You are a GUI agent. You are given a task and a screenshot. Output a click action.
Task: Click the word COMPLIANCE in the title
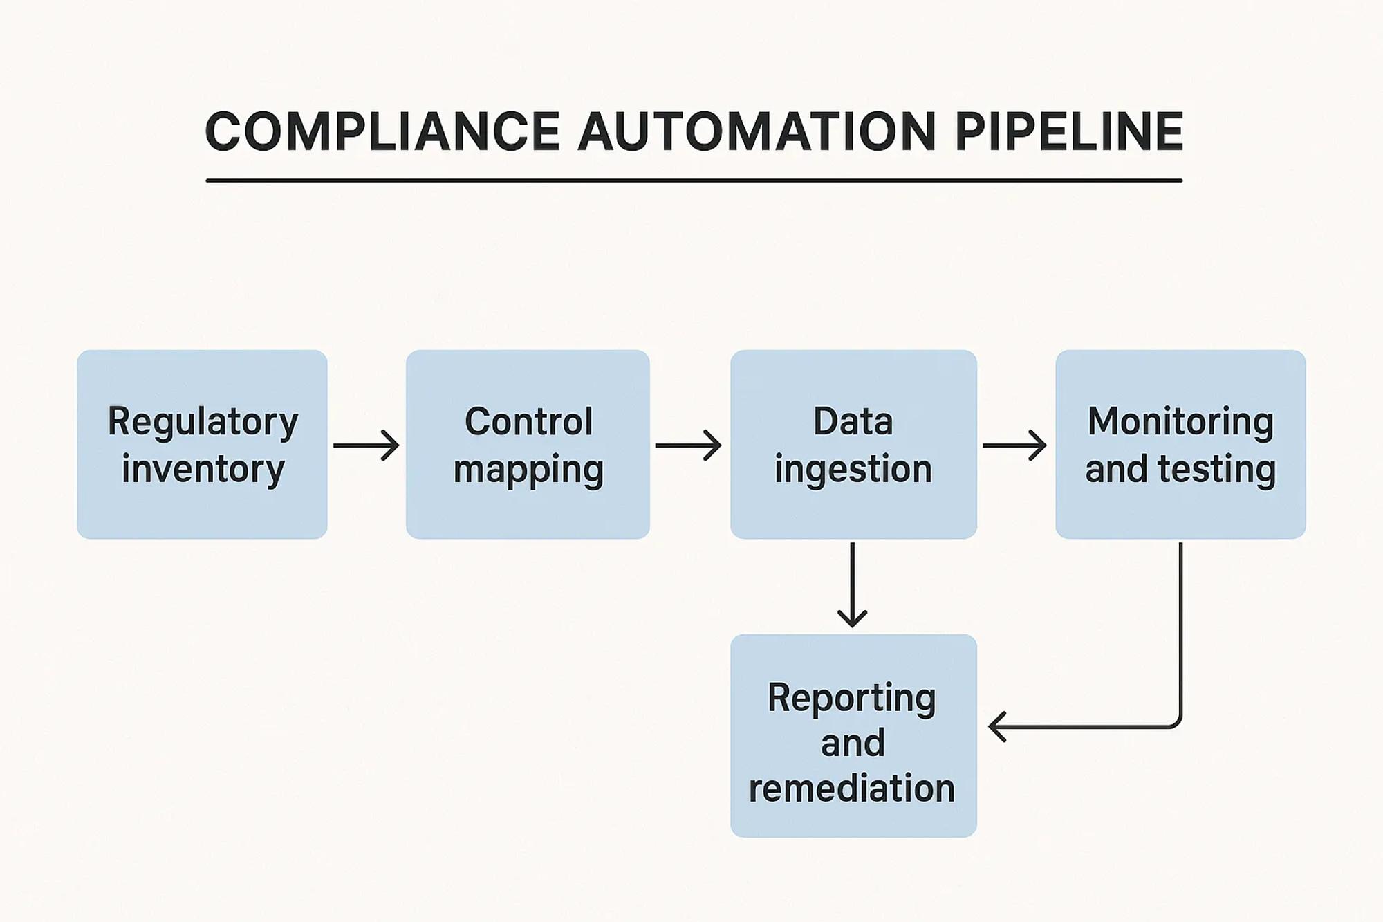[382, 131]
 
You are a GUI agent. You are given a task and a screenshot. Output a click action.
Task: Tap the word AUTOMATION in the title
[757, 131]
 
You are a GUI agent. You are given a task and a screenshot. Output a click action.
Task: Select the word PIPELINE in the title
[1069, 131]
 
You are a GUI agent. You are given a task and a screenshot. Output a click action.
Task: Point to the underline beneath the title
[694, 181]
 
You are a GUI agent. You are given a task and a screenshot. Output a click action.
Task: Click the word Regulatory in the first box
[203, 422]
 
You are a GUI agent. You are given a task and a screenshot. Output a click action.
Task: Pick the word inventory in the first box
[203, 468]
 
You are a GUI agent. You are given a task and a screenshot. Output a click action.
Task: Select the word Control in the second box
[528, 421]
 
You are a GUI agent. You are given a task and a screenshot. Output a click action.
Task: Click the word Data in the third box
[853, 421]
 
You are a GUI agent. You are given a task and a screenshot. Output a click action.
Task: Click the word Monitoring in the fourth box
[1180, 421]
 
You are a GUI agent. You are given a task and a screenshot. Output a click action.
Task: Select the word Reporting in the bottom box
[852, 698]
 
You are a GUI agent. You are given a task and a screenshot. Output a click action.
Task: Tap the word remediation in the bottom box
[852, 788]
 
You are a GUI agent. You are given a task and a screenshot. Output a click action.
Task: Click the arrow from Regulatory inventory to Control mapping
[366, 445]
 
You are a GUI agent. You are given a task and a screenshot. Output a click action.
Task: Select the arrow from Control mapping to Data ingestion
[688, 445]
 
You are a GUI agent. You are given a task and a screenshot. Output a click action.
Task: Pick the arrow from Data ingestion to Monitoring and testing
[1014, 445]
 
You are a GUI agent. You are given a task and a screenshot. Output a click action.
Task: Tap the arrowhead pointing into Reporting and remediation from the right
[997, 727]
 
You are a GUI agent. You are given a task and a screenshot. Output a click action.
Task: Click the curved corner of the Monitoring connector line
[1176, 723]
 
